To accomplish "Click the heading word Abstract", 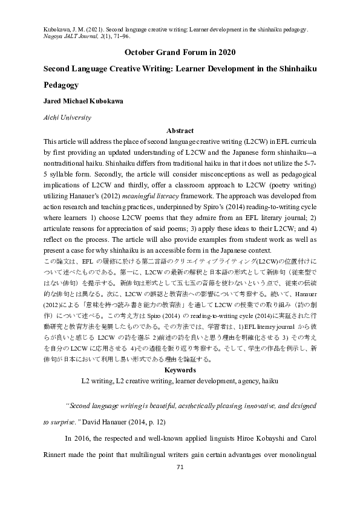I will click(180, 131).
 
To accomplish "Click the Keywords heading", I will click(180, 369).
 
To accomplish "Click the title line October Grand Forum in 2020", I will click(180, 52).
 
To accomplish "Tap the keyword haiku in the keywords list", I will click(270, 381).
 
